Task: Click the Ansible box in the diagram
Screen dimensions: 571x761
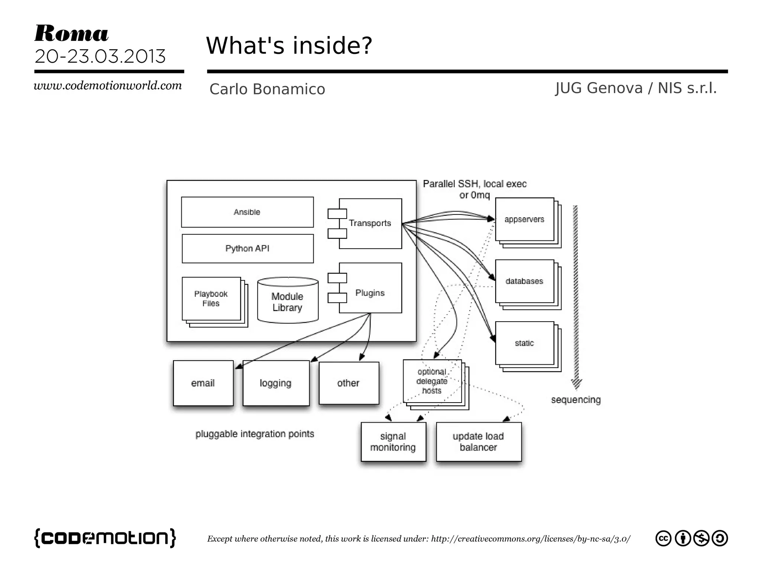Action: click(247, 212)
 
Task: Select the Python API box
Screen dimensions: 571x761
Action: click(247, 249)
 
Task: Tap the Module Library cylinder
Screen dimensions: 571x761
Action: click(288, 301)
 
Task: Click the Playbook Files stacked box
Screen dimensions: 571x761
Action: click(211, 299)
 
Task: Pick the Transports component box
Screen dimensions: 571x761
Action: click(370, 223)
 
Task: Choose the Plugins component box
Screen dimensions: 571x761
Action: click(370, 288)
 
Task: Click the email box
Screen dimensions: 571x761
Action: click(203, 383)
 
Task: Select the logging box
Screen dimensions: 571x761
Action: click(276, 383)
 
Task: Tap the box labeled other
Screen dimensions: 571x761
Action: click(349, 383)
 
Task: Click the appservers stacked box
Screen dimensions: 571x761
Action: click(524, 220)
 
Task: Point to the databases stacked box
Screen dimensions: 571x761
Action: click(524, 281)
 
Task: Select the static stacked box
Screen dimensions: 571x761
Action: click(524, 343)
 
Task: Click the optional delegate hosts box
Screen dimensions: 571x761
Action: click(432, 381)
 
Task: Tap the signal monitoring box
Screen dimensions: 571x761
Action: click(393, 442)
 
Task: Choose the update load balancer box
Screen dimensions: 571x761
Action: click(479, 442)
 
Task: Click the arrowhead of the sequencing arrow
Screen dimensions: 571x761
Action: click(576, 384)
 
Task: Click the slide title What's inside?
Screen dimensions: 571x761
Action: click(289, 46)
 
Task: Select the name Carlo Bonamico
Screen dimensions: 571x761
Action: click(267, 89)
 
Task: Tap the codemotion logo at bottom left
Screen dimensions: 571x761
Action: click(105, 538)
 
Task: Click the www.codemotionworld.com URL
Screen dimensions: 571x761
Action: click(108, 86)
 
